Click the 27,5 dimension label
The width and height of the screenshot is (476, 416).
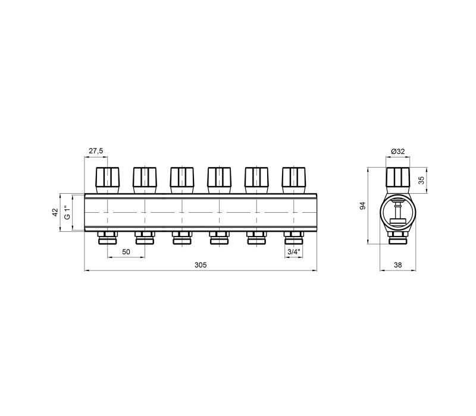[96, 151]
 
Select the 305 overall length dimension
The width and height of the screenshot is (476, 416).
[201, 265]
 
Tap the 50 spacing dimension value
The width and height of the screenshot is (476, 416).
[126, 251]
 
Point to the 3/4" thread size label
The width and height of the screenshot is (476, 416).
[294, 251]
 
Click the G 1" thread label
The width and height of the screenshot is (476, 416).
[67, 212]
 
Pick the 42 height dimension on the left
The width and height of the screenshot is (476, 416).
[55, 212]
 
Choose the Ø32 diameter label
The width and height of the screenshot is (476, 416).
[398, 152]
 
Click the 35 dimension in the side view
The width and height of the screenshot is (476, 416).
[421, 180]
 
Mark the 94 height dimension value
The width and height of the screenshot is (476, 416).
[362, 205]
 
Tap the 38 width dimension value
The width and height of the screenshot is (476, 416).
[397, 265]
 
